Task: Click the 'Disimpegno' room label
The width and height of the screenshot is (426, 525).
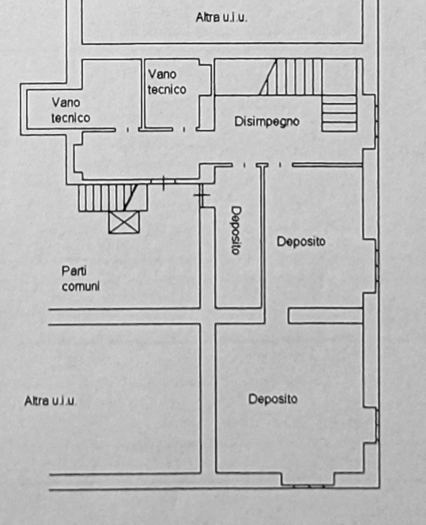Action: (x=266, y=122)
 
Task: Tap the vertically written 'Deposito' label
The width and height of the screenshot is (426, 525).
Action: (x=236, y=230)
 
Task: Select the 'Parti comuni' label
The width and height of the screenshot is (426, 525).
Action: (x=81, y=279)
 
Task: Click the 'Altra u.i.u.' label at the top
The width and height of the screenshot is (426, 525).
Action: (x=221, y=17)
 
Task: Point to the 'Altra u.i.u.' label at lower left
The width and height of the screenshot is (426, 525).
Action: (x=50, y=401)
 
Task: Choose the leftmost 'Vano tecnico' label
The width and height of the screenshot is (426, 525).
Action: (x=71, y=110)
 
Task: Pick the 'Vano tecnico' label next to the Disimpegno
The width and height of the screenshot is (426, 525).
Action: (x=167, y=82)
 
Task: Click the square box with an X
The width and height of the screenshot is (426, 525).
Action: (x=124, y=222)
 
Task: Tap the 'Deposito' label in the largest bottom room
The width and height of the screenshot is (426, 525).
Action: (x=273, y=399)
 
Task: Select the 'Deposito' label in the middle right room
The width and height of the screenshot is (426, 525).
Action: (x=300, y=242)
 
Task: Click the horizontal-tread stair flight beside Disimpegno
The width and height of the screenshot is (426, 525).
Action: (x=339, y=113)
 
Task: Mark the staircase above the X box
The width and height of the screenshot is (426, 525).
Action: (x=113, y=197)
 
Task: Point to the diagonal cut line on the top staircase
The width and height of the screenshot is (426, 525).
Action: (x=268, y=77)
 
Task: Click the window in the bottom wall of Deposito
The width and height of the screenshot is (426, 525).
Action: (x=308, y=486)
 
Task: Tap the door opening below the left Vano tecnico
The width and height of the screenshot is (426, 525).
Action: (x=127, y=130)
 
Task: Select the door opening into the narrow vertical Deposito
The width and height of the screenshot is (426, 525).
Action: (x=244, y=165)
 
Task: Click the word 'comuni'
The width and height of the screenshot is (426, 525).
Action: (x=81, y=287)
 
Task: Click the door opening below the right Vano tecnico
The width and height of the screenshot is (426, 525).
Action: (x=184, y=130)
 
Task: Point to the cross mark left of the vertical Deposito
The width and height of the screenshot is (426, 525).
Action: (x=201, y=195)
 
